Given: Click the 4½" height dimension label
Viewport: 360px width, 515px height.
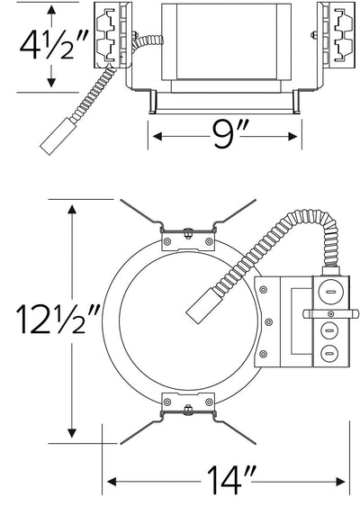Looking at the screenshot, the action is click(54, 45).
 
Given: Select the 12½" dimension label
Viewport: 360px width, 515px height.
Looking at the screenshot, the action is click(58, 319).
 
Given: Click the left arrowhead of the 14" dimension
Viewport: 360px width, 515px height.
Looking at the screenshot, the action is click(112, 482).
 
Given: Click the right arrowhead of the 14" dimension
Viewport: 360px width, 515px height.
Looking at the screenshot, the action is click(340, 482).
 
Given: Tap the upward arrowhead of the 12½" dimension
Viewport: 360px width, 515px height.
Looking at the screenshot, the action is click(72, 209).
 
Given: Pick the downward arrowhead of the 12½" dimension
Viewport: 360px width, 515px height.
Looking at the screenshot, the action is click(72, 433).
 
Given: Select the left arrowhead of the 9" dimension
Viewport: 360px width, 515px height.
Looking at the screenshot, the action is click(157, 136).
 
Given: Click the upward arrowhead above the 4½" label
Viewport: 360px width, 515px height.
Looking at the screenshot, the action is click(51, 10).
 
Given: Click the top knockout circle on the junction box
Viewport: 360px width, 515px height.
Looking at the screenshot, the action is click(329, 292).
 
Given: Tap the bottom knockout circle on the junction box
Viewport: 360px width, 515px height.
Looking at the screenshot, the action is click(329, 353).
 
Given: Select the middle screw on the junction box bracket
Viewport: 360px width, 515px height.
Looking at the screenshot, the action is click(269, 322).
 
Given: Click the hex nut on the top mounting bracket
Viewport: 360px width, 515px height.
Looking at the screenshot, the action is click(188, 233).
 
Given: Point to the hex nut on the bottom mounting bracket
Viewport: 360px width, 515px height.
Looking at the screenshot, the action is click(188, 410).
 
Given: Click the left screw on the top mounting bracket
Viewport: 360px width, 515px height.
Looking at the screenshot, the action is click(167, 241).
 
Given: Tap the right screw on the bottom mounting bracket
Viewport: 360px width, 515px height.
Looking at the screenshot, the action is click(209, 402).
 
